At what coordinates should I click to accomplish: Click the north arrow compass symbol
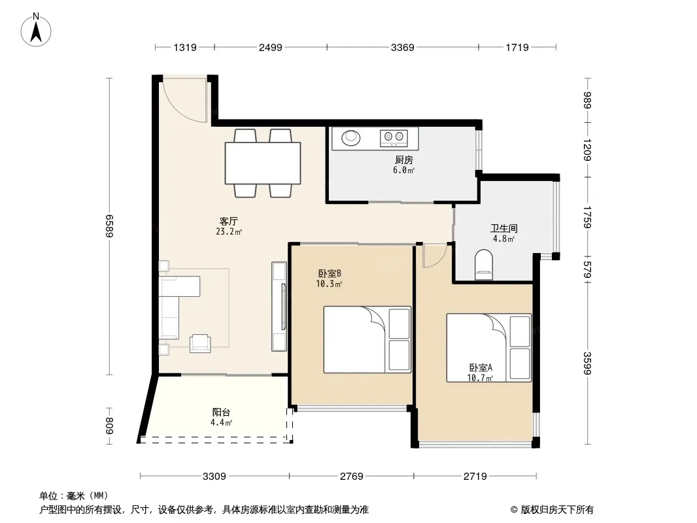point(36,30)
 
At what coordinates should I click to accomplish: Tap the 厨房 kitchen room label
point(403,160)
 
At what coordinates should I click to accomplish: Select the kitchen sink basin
point(350,137)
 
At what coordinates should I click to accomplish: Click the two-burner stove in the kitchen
point(394,137)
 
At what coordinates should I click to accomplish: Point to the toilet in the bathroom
point(484,265)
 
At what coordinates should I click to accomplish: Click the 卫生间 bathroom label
point(503,228)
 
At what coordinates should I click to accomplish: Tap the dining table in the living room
point(263,163)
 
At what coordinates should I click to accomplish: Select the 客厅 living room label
point(228,221)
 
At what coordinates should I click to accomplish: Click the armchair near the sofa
point(200,343)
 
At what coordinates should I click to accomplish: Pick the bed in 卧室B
point(367,339)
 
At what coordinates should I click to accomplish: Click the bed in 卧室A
point(489,348)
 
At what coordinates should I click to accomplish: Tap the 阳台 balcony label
point(221,413)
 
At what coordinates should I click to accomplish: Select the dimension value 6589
point(109,226)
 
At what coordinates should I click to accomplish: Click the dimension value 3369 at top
point(402,48)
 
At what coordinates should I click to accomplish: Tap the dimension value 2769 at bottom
point(351,477)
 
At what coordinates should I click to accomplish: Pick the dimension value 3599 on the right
point(588,363)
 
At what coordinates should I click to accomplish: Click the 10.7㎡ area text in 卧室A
point(480,378)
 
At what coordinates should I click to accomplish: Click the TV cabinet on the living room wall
point(279,307)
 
